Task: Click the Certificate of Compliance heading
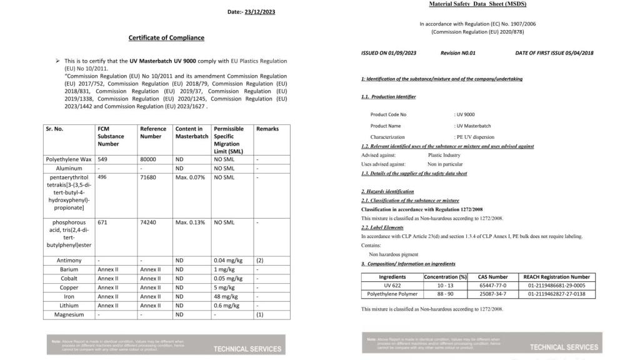pyautogui.click(x=166, y=37)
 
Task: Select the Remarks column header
pyautogui.click(x=267, y=129)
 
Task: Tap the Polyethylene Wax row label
pyautogui.click(x=69, y=159)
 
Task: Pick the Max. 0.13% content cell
pyautogui.click(x=190, y=222)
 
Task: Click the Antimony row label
pyautogui.click(x=69, y=260)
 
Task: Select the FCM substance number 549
pyautogui.click(x=103, y=159)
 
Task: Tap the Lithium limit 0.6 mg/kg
pyautogui.click(x=227, y=306)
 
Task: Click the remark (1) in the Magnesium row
pyautogui.click(x=260, y=314)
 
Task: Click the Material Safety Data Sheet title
pyautogui.click(x=478, y=4)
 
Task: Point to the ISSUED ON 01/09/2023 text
pyautogui.click(x=389, y=53)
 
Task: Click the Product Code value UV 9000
pyautogui.click(x=466, y=114)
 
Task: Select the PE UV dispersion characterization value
pyautogui.click(x=476, y=137)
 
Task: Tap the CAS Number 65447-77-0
pyautogui.click(x=493, y=285)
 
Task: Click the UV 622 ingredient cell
pyautogui.click(x=392, y=285)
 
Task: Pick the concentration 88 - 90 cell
pyautogui.click(x=445, y=294)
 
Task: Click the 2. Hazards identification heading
pyautogui.click(x=387, y=191)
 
